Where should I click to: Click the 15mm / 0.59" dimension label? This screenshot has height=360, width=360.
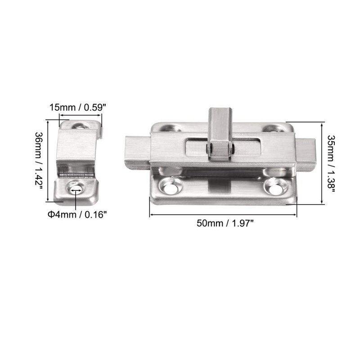78,107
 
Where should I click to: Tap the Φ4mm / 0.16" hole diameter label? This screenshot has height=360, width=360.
77,215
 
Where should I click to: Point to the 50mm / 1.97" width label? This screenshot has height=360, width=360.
225,223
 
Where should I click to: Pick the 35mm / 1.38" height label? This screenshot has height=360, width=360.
331,164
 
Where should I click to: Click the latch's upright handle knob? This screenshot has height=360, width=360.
219,133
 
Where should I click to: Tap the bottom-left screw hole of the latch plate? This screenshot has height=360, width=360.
171,186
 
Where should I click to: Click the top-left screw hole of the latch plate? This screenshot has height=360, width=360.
170,128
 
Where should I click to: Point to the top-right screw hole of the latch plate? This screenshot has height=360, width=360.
274,128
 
